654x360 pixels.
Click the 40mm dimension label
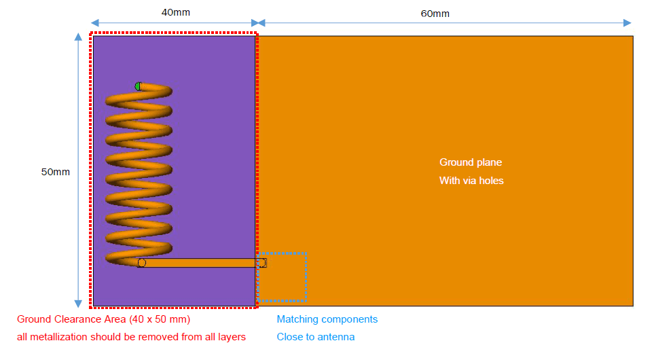point(176,12)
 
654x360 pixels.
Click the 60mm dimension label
point(435,14)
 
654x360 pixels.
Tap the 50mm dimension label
point(56,172)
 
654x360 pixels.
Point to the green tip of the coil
point(138,86)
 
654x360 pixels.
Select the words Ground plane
point(471,162)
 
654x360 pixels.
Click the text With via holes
point(471,181)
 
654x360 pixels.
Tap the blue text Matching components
point(327,319)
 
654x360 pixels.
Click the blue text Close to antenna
point(316,337)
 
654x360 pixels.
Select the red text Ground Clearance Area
point(71,319)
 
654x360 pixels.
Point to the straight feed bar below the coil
point(202,263)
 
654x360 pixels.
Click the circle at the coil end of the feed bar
point(142,263)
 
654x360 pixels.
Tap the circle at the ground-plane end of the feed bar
point(262,263)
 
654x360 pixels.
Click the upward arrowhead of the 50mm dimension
point(78,37)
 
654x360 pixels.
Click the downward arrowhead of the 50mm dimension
point(78,304)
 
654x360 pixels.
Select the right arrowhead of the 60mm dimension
point(628,23)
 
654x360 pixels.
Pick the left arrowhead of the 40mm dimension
point(95,22)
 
